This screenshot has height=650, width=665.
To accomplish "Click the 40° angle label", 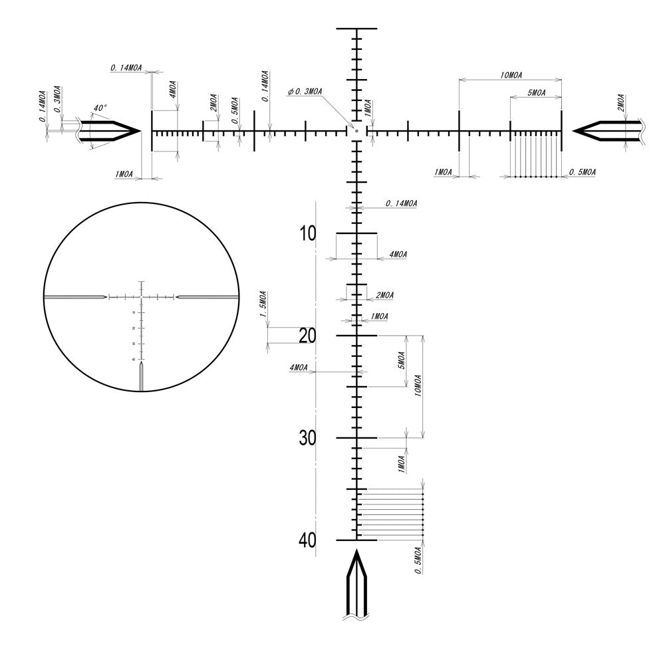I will (x=100, y=108).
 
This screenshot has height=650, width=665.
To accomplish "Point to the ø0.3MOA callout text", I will (x=306, y=92).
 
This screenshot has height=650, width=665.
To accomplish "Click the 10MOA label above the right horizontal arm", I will (x=511, y=75).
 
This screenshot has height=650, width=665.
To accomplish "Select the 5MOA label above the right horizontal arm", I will (x=535, y=93).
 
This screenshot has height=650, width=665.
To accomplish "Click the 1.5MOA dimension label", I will (x=263, y=304).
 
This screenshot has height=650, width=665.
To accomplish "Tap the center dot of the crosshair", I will (x=356, y=131).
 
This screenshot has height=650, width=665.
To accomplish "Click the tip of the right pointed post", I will (x=574, y=131).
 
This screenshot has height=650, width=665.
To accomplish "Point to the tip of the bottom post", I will (x=356, y=551).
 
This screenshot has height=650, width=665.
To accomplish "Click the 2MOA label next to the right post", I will (x=620, y=102).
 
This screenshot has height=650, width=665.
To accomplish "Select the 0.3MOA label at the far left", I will (x=58, y=98).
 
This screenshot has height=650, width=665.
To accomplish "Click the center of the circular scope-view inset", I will (x=141, y=296).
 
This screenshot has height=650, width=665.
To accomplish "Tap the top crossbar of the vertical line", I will (x=356, y=29).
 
